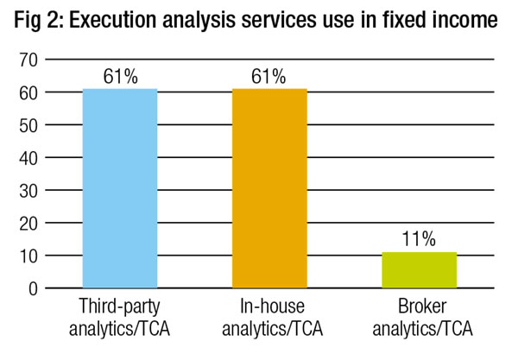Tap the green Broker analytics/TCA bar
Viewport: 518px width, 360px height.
(419, 269)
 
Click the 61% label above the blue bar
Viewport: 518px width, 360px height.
(119, 76)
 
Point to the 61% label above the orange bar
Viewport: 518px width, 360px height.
(269, 76)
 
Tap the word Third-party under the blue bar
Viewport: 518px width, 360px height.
(119, 308)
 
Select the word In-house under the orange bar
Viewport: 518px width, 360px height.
(269, 308)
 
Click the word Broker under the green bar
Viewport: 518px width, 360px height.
(420, 308)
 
